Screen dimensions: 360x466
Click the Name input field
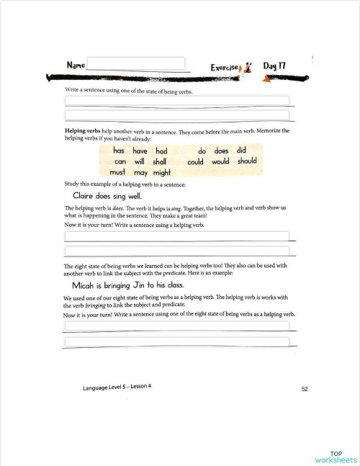point(136,63)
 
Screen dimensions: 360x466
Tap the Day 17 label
point(274,66)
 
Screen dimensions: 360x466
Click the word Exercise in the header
point(225,67)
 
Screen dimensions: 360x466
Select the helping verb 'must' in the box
point(119,173)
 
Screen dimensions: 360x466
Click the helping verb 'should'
point(247,161)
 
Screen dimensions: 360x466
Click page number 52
point(305,389)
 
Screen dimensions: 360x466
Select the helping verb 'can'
point(120,162)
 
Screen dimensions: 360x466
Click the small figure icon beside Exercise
point(249,66)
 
